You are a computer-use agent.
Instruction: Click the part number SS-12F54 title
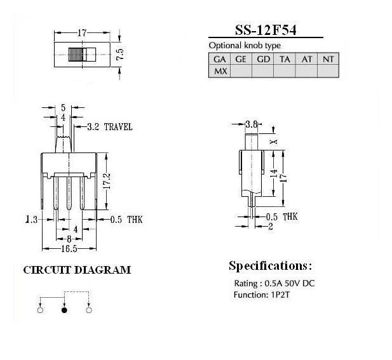pyautogui.click(x=266, y=30)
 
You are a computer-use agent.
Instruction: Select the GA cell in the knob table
pyautogui.click(x=219, y=59)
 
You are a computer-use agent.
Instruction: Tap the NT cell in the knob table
pyautogui.click(x=328, y=59)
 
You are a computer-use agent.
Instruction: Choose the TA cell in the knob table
pyautogui.click(x=285, y=59)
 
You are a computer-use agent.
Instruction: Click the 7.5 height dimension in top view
pyautogui.click(x=120, y=54)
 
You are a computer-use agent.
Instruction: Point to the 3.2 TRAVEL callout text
pyautogui.click(x=110, y=127)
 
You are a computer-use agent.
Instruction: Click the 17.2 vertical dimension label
pyautogui.click(x=107, y=182)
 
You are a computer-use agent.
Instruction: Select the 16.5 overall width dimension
pyautogui.click(x=69, y=249)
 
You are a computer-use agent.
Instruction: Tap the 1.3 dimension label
pyautogui.click(x=32, y=220)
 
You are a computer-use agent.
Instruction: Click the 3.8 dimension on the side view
pyautogui.click(x=251, y=124)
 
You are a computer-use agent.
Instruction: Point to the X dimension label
pyautogui.click(x=274, y=142)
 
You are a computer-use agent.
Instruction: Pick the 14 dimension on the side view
pyautogui.click(x=274, y=173)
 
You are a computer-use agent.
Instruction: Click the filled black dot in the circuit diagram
pyautogui.click(x=65, y=310)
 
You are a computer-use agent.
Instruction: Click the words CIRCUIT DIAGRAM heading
pyautogui.click(x=77, y=270)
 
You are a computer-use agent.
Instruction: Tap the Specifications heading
pyautogui.click(x=271, y=266)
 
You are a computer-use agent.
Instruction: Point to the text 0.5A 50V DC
pyautogui.click(x=290, y=283)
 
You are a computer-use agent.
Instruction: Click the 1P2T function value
pyautogui.click(x=280, y=295)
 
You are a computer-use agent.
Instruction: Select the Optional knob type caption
pyautogui.click(x=245, y=46)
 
